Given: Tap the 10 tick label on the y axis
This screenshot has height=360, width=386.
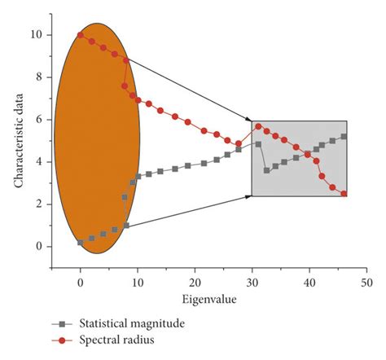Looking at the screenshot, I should (34, 35).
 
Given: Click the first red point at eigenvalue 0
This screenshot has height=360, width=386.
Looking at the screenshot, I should (80, 35).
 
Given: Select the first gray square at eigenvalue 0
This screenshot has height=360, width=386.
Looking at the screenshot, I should (80, 243).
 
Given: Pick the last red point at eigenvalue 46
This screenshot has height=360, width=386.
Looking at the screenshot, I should (344, 194).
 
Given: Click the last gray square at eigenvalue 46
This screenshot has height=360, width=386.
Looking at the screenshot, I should (344, 137).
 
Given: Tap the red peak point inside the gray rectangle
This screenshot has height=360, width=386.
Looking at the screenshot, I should (258, 126).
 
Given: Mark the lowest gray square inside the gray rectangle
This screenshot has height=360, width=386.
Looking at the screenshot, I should (266, 170).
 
